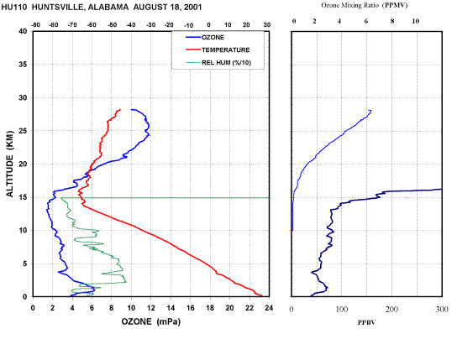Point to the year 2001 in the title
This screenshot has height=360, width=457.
click(x=192, y=7)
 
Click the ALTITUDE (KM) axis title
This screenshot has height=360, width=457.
click(x=9, y=164)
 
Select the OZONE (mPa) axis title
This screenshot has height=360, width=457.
click(x=151, y=321)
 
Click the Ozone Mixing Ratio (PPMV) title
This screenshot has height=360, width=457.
click(x=365, y=5)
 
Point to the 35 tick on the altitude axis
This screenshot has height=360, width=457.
click(x=23, y=65)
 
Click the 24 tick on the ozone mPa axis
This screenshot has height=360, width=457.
click(x=269, y=308)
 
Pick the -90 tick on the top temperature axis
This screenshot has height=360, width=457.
click(x=35, y=25)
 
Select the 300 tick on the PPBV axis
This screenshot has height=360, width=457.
click(x=442, y=309)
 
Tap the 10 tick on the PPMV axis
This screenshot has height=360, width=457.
click(x=416, y=21)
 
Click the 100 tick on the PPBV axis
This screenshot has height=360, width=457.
click(x=342, y=309)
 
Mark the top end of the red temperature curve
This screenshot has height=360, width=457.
click(x=120, y=110)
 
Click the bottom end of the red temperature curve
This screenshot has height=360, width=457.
click(x=262, y=295)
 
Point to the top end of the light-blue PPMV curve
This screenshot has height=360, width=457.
click(x=370, y=110)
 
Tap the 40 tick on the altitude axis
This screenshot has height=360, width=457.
click(x=23, y=31)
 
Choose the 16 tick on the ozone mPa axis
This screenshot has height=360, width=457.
click(x=191, y=308)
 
